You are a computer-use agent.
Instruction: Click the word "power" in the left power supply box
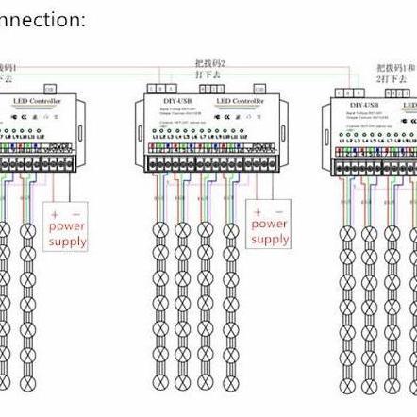coord(67,226)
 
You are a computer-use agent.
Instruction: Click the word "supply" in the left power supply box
coord(67,242)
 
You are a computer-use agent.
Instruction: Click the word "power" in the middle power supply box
coord(270,224)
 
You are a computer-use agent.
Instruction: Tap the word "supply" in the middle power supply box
coord(270,240)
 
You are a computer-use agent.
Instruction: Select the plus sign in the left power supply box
coord(55,211)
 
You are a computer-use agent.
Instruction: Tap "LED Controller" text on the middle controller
coord(240,99)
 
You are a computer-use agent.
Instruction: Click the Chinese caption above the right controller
coord(392,75)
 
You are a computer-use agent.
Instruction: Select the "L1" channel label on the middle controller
coord(156,139)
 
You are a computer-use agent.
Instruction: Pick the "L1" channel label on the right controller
coord(342,144)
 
